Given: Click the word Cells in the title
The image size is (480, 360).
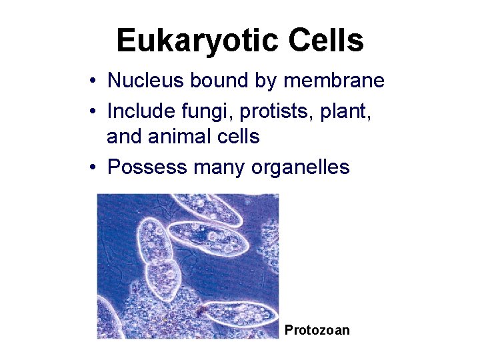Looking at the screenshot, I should [326, 41].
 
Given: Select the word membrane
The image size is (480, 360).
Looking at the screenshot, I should [334, 81].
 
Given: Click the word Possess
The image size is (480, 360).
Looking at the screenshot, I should [147, 167].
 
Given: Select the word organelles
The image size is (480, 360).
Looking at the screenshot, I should [301, 167].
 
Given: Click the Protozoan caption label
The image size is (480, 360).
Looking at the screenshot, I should [317, 330].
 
